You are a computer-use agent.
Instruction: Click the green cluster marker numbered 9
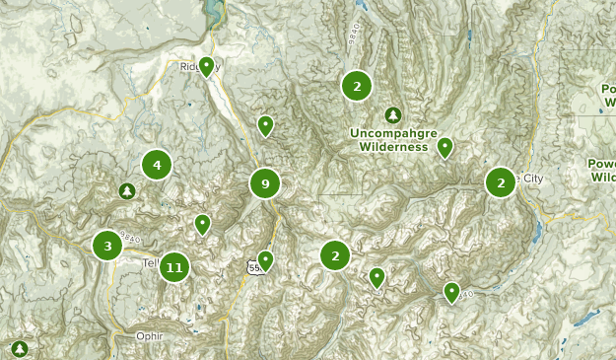[265, 183]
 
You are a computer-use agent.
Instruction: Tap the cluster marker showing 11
[174, 266]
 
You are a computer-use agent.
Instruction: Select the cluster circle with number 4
[157, 165]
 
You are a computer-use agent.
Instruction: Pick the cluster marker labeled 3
[107, 245]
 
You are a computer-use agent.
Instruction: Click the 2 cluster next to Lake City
[501, 182]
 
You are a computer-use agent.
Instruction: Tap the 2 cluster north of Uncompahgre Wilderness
[357, 86]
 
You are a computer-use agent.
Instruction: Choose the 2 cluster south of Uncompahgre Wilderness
[335, 256]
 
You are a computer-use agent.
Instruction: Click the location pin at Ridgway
[207, 66]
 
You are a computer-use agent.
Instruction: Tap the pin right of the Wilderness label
[445, 147]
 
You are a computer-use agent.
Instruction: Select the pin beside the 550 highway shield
[265, 260]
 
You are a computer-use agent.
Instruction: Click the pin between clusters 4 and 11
[202, 224]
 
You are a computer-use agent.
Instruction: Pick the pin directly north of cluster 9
[265, 125]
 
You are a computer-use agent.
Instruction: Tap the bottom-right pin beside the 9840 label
[451, 291]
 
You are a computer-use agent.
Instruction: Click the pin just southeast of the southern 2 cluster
[376, 277]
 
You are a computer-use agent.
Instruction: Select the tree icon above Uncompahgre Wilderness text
[393, 114]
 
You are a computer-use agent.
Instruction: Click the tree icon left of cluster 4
[126, 190]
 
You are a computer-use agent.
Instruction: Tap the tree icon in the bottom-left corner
[21, 348]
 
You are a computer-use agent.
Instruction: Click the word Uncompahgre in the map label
[391, 132]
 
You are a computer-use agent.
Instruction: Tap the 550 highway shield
[255, 267]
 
